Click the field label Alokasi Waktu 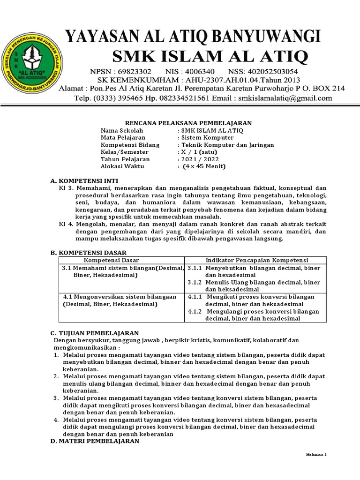[x=123, y=166]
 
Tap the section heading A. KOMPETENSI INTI [x=84, y=180]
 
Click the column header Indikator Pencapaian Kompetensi [x=256, y=260]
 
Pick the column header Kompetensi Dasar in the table [x=112, y=260]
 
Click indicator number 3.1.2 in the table [x=195, y=282]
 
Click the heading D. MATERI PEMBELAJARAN [x=95, y=441]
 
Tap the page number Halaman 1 [x=316, y=455]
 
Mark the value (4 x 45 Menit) [x=204, y=166]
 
